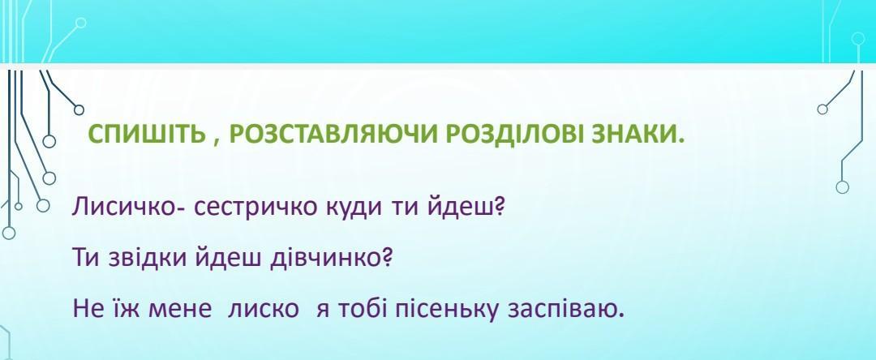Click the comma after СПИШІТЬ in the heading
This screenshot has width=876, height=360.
[x=215, y=143]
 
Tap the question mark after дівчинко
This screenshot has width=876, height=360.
[x=385, y=259]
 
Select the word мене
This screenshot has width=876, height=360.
[x=180, y=311]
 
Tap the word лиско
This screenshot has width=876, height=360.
[x=263, y=311]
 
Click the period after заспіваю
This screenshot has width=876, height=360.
[x=620, y=316]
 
